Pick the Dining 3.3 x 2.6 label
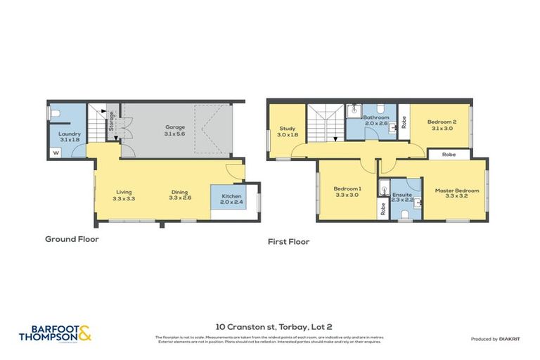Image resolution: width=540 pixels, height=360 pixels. [180, 195]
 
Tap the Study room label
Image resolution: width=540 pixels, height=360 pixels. [286, 131]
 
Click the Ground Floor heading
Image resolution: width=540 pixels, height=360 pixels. [72, 239]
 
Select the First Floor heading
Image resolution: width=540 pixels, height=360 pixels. [288, 241]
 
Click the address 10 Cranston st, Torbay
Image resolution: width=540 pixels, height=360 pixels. [269, 327]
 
